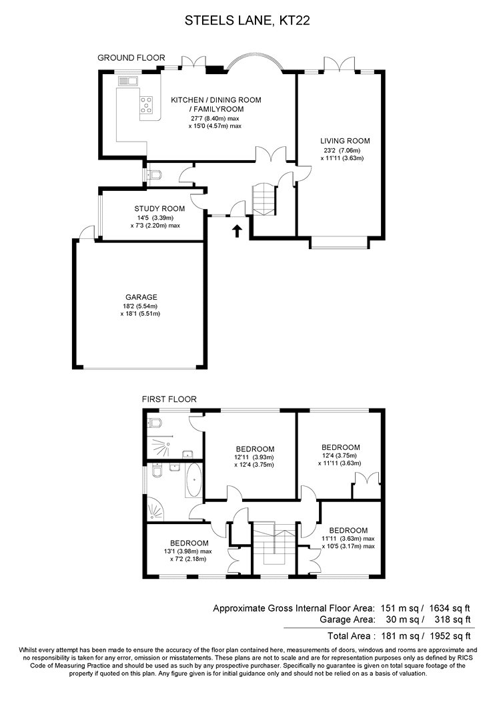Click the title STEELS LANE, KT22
247,21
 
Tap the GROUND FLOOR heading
131,57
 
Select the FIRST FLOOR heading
169,399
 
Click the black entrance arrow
237,231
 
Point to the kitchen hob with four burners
147,105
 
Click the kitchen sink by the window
128,81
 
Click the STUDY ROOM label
159,209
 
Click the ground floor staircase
264,200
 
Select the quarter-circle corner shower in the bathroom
155,511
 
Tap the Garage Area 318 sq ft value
452,620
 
